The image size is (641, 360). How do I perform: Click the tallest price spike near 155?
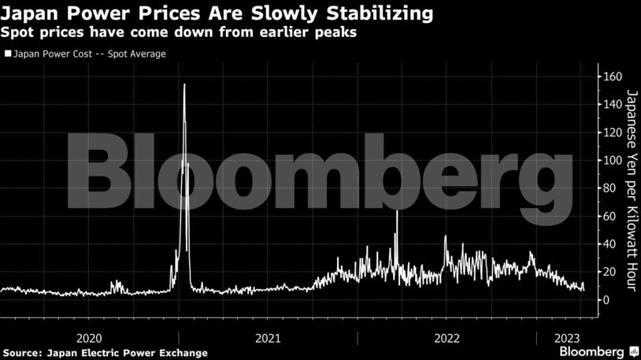click(184, 84)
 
